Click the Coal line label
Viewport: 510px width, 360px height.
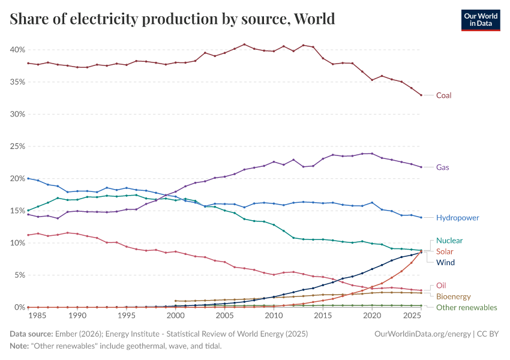point(443,95)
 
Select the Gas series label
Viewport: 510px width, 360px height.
point(442,167)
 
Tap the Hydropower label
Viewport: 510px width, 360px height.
point(457,218)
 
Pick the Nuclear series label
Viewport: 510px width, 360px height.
point(449,241)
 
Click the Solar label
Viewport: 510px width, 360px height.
point(445,251)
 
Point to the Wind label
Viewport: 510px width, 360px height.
point(445,262)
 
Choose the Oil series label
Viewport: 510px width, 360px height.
point(441,286)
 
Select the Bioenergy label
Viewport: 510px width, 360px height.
point(453,296)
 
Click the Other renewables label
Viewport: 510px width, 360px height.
point(466,307)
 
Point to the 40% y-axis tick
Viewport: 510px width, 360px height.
point(16,49)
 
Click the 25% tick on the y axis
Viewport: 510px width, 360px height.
point(16,146)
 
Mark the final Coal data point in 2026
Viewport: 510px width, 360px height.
point(421,95)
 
